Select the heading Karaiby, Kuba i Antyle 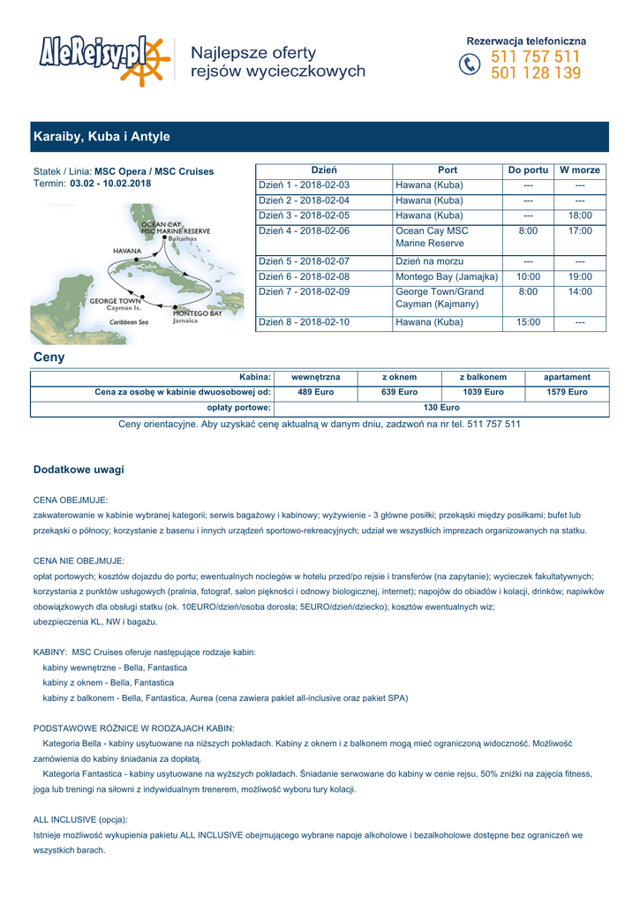click(x=102, y=137)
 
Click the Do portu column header click(x=528, y=169)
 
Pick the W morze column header click(x=580, y=169)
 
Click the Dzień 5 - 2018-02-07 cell click(x=304, y=261)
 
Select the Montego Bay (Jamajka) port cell click(x=447, y=276)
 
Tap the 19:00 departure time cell click(x=580, y=276)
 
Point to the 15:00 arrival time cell click(x=528, y=322)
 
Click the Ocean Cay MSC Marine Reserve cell click(x=433, y=237)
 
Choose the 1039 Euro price click(x=483, y=392)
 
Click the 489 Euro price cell click(x=315, y=392)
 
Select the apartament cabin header click(x=567, y=377)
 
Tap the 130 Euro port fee click(x=441, y=408)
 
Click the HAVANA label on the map click(x=128, y=251)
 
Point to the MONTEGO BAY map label click(x=197, y=313)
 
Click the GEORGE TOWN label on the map click(x=116, y=301)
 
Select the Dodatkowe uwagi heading click(x=79, y=470)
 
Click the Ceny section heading click(x=49, y=358)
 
